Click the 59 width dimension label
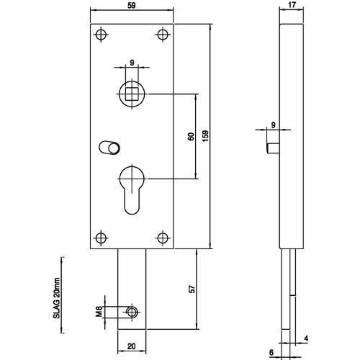(x=132, y=5)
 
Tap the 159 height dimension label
(x=205, y=136)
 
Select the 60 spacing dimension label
(x=191, y=137)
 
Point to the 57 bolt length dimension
(x=192, y=289)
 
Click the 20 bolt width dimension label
(x=132, y=346)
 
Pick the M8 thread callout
(x=99, y=312)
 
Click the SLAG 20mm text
(x=56, y=298)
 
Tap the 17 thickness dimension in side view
(x=292, y=5)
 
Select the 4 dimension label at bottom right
(x=306, y=338)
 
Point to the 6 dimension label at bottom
(x=271, y=352)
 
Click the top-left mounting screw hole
(x=101, y=35)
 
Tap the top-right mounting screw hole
(x=163, y=35)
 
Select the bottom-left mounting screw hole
(x=101, y=238)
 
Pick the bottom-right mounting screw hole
(x=163, y=238)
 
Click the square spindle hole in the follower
(x=132, y=94)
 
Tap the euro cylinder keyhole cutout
(x=132, y=189)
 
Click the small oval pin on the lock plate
(x=109, y=147)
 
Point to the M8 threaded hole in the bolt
(x=132, y=312)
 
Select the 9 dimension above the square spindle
(x=132, y=63)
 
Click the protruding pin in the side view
(x=273, y=148)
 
